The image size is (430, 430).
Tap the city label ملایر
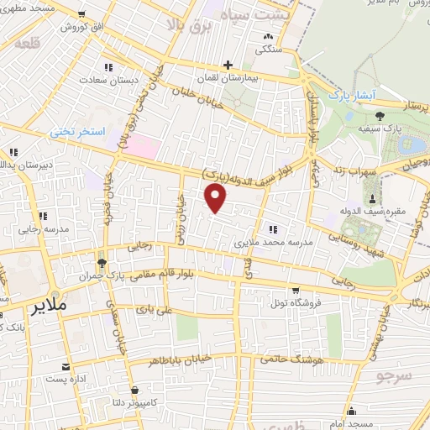tap(48, 307)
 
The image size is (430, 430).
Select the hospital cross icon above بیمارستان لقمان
tap(227, 65)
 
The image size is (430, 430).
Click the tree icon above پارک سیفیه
tap(381, 115)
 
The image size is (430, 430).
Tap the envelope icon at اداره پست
tap(66, 366)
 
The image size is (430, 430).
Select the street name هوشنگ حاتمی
tap(277, 358)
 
